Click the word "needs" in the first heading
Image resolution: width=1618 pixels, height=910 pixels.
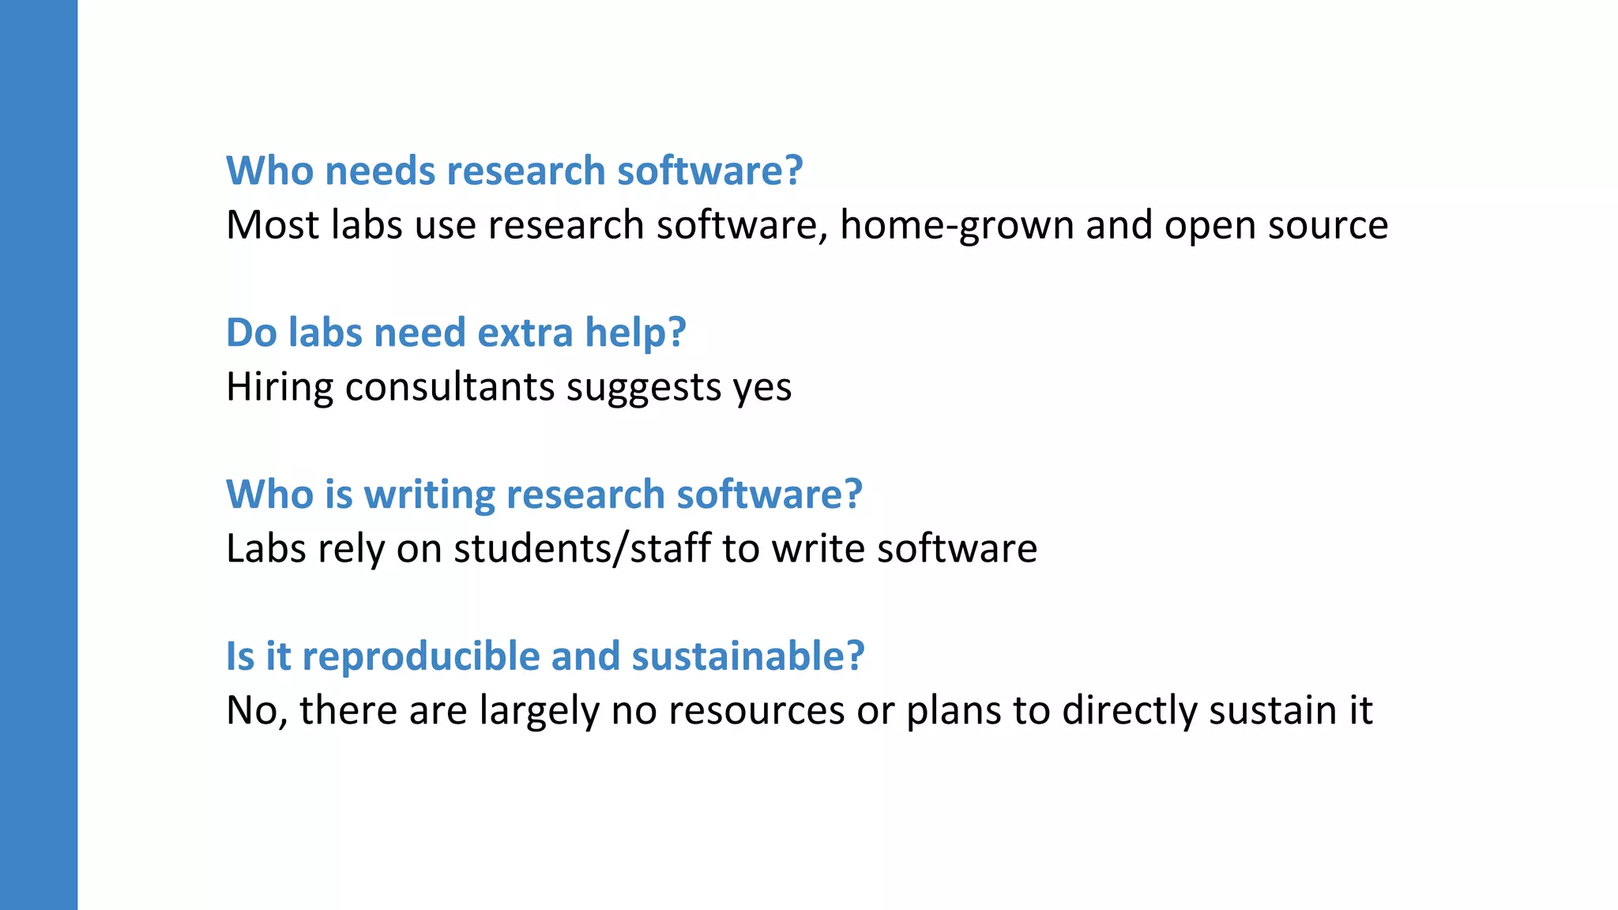(380, 171)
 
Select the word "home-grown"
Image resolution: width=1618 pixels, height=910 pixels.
(957, 225)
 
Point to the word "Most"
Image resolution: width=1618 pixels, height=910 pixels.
(272, 225)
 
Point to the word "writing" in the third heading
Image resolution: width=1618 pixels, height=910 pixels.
(429, 494)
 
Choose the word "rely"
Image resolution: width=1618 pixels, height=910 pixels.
(351, 549)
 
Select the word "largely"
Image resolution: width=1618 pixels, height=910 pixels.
(540, 711)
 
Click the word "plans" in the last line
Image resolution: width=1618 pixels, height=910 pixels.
(954, 711)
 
